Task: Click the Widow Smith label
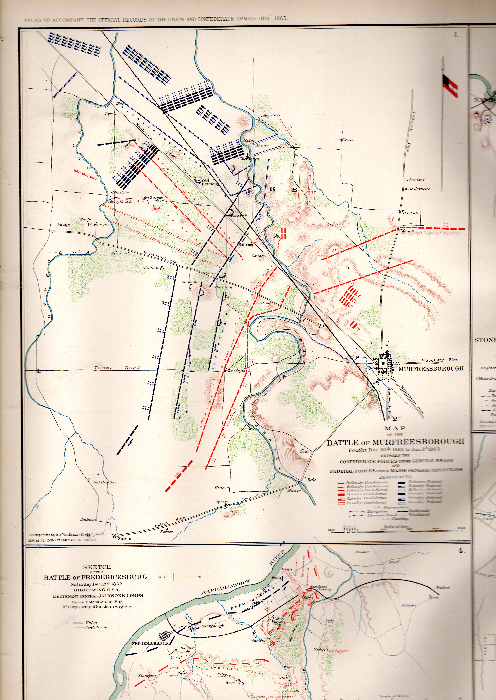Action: pyautogui.click(x=235, y=371)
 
